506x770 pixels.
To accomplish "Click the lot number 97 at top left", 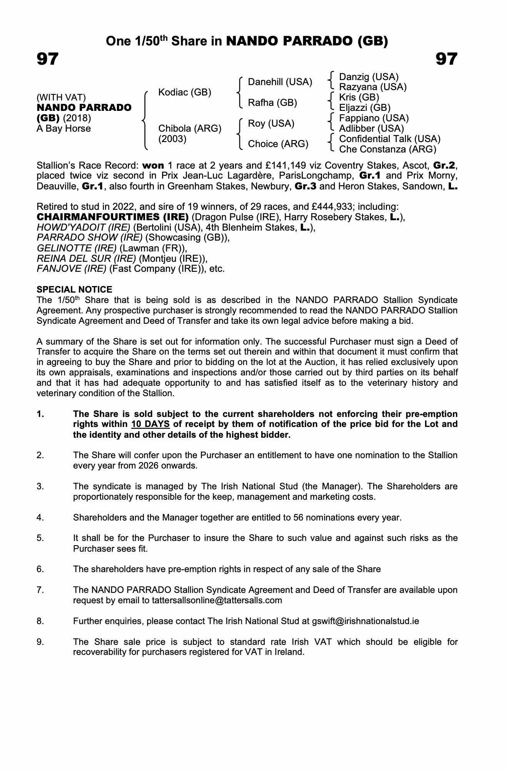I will tap(48, 59).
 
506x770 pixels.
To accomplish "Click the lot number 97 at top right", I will tap(446, 59).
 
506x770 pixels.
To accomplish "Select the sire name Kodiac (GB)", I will tap(185, 92).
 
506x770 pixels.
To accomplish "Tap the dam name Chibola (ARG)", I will tap(190, 128).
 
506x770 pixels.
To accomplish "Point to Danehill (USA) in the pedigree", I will tap(280, 82).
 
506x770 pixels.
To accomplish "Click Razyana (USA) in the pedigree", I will tap(372, 87).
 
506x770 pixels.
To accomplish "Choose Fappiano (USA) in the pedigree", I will tap(374, 118).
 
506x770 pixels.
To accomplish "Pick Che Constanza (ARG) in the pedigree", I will tap(387, 149).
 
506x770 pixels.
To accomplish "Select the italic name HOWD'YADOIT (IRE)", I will tap(83, 227).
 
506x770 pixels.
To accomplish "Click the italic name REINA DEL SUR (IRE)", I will tap(86, 258).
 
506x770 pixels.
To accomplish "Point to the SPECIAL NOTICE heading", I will tap(74, 290).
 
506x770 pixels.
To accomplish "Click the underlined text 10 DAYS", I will tap(150, 424).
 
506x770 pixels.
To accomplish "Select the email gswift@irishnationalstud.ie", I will tap(366, 621).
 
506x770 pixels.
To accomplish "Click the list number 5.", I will tap(40, 538).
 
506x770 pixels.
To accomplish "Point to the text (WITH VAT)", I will tap(61, 97).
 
